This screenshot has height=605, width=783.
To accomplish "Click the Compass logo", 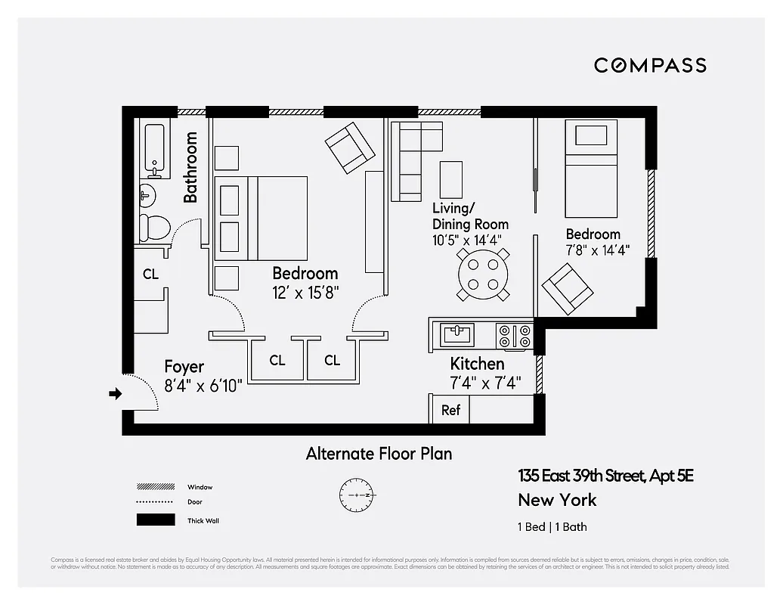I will [x=650, y=65].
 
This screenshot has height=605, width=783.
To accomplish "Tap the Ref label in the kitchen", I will [x=450, y=411].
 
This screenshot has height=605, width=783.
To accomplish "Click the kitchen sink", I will [x=457, y=334].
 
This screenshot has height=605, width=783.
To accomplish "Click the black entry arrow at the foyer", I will [x=115, y=393].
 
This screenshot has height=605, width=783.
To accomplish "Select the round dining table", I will [x=482, y=275].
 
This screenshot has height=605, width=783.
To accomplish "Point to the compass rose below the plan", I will [x=356, y=495].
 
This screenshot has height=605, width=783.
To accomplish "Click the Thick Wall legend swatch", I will [x=155, y=520].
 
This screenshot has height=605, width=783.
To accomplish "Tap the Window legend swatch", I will [x=155, y=487].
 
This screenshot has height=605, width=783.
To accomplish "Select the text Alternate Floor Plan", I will [x=379, y=454].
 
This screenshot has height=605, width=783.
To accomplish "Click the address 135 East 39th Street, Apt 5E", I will [x=605, y=476].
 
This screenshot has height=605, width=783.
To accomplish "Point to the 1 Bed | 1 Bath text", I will [x=552, y=527].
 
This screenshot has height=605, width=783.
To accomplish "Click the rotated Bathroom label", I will [x=190, y=167].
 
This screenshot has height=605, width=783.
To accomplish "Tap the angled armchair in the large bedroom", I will [x=350, y=147].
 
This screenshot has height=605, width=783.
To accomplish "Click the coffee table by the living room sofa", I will [x=451, y=179].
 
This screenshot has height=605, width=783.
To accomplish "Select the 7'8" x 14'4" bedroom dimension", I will [x=598, y=250].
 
